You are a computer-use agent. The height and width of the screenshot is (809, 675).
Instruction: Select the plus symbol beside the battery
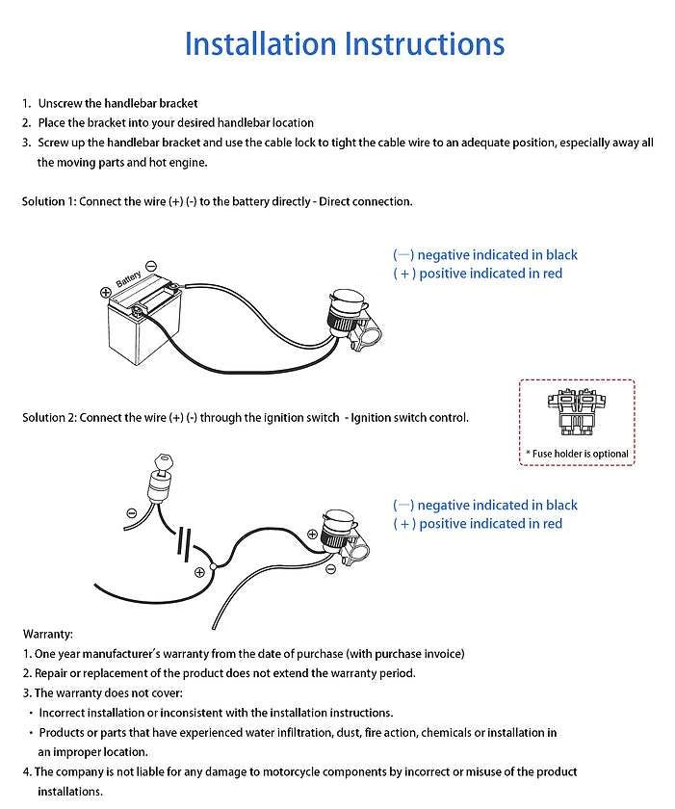[x=105, y=292]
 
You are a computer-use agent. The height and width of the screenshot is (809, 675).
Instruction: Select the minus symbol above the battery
[x=151, y=266]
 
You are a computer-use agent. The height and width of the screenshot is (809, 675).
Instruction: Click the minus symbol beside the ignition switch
[x=131, y=513]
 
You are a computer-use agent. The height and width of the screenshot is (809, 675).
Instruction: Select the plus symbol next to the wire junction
[x=199, y=572]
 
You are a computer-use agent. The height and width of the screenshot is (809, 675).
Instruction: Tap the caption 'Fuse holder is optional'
[x=578, y=454]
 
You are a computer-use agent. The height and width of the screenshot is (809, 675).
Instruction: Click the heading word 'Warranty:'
[x=47, y=634]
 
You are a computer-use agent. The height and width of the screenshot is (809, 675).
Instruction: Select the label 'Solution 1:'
[x=48, y=201]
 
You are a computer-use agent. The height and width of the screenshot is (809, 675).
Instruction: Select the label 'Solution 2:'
[x=48, y=418]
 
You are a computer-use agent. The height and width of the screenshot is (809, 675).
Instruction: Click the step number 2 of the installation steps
[x=26, y=122]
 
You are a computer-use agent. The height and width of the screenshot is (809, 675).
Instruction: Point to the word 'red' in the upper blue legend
[x=551, y=274]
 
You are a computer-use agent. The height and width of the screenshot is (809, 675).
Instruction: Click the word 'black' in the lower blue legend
[x=561, y=505]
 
